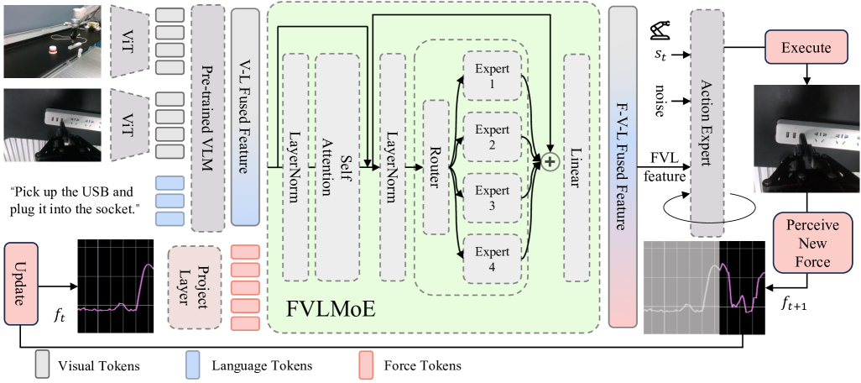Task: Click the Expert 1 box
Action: click(x=492, y=76)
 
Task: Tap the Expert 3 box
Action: click(x=492, y=196)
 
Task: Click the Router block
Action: click(x=436, y=166)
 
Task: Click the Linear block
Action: click(x=577, y=166)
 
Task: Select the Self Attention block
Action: click(x=337, y=166)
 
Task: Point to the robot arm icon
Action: click(x=660, y=30)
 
